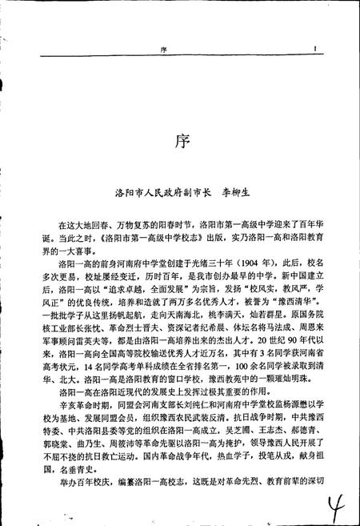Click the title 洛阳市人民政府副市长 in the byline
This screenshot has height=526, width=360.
coord(159,193)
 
